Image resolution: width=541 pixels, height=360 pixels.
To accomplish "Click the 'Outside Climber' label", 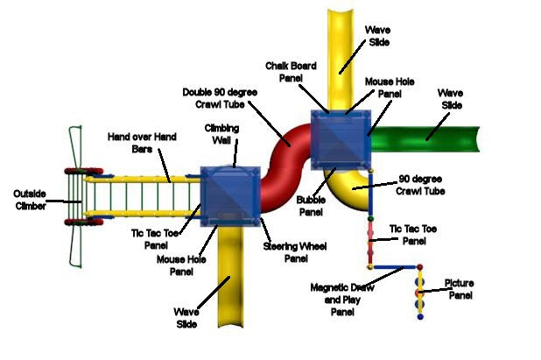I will coord(29,198).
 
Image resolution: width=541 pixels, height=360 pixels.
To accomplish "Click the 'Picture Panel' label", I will coord(459,289).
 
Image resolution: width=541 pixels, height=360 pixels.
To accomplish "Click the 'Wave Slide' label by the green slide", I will coord(451,97).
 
